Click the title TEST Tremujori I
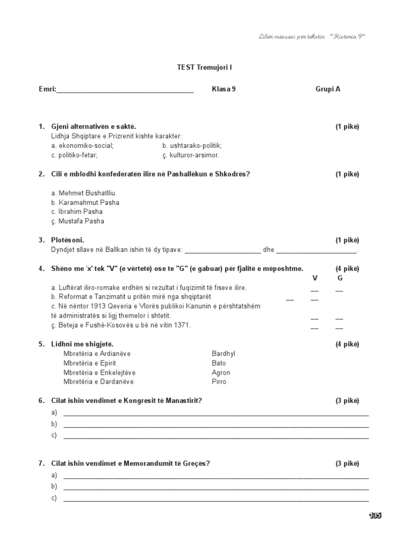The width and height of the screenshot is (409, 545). tap(204, 68)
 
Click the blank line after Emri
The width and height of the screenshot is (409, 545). tap(125, 90)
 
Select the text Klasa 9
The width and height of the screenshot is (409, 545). tap(224, 89)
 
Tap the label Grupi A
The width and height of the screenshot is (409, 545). tap(328, 89)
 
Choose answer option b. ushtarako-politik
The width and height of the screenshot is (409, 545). tap(192, 145)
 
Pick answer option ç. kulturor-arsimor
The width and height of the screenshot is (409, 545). tap(191, 155)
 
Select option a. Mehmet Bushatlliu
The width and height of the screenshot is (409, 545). tap(83, 193)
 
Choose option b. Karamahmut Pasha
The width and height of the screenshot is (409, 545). tap(85, 203)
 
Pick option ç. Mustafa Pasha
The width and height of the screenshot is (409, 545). tap(78, 221)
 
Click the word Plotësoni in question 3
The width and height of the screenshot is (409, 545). tap(68, 240)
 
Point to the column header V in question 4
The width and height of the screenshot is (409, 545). tap(315, 278)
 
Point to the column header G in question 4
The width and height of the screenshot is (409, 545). tap(340, 278)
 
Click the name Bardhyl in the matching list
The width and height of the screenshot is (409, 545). tap(223, 353)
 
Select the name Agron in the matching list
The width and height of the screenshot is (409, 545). tap(220, 373)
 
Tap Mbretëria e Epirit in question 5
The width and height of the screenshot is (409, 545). tap(89, 363)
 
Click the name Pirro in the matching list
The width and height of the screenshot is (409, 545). tap(219, 382)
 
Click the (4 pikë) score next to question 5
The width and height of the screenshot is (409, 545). tap(347, 344)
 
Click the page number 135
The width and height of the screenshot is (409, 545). tap(375, 515)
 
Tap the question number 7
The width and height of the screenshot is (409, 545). tap(41, 464)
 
